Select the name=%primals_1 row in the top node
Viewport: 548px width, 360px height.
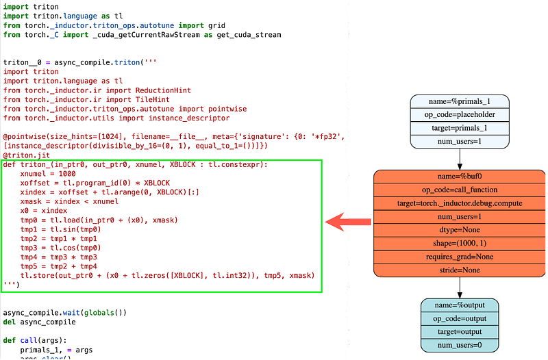pyautogui.click(x=460, y=101)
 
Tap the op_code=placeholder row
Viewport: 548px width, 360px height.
pyautogui.click(x=460, y=114)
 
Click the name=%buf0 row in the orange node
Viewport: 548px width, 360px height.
pyautogui.click(x=460, y=177)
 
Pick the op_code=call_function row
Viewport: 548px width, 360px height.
pyautogui.click(x=460, y=190)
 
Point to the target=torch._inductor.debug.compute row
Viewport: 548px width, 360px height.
pyautogui.click(x=460, y=203)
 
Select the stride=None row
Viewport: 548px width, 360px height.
pyautogui.click(x=460, y=270)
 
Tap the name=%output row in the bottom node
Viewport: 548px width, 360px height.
pyautogui.click(x=460, y=305)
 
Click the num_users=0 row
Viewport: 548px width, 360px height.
pyautogui.click(x=460, y=344)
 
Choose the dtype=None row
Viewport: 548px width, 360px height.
pyautogui.click(x=460, y=230)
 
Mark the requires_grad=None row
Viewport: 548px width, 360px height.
pyautogui.click(x=460, y=257)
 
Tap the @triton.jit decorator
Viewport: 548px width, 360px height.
pyautogui.click(x=25, y=155)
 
